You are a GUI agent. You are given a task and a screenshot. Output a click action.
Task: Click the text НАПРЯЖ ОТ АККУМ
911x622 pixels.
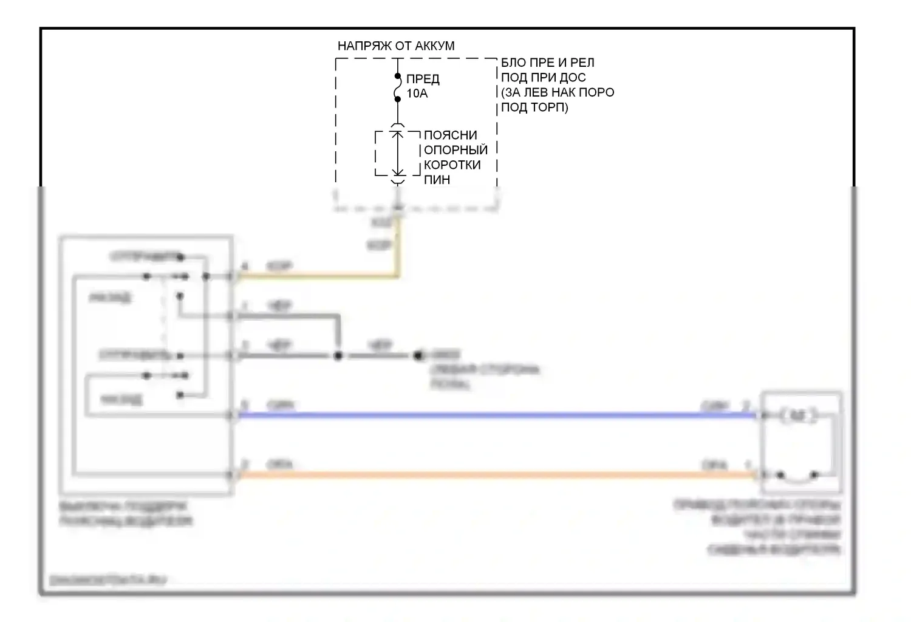[396, 46]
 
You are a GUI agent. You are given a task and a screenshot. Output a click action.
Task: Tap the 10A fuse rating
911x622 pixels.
[417, 94]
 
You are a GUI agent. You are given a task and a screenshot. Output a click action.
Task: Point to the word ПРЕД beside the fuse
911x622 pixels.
[423, 79]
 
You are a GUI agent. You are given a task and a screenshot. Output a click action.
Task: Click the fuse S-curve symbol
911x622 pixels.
[398, 87]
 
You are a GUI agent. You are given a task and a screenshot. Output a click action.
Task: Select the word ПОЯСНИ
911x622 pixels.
[450, 135]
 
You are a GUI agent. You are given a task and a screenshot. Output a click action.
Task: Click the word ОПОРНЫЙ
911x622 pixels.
[455, 150]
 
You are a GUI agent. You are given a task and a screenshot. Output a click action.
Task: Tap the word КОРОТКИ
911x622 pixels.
[452, 165]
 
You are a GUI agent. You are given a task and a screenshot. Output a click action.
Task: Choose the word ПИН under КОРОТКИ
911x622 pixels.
[437, 180]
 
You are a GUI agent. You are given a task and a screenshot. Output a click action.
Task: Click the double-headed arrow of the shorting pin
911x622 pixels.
[397, 153]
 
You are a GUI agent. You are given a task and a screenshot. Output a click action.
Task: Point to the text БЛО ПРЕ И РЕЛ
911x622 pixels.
[547, 63]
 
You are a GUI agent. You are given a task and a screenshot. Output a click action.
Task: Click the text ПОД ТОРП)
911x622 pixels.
[534, 108]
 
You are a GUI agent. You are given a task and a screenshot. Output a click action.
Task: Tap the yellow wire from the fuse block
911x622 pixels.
[322, 277]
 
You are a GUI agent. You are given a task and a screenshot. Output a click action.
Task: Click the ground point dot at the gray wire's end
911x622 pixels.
[418, 355]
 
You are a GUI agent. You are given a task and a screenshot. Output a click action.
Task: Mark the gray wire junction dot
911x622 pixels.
[338, 355]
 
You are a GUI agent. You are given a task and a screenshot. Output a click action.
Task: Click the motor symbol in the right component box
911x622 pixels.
[799, 415]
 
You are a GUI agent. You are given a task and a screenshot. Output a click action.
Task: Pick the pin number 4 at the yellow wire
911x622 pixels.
[245, 267]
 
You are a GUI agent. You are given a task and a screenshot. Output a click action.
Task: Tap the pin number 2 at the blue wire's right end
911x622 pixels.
[747, 405]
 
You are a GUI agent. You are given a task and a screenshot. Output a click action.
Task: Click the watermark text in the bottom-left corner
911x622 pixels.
[108, 580]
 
